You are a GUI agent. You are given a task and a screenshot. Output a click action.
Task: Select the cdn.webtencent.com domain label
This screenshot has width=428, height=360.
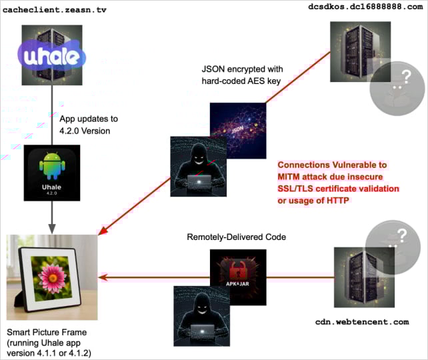[361, 321]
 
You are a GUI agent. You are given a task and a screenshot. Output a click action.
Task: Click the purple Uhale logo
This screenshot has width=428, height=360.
[51, 57]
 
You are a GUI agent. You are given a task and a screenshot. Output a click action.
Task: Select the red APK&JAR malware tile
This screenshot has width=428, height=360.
[238, 272]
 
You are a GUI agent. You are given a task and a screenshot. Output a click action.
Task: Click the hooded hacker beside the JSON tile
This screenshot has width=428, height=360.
[199, 167]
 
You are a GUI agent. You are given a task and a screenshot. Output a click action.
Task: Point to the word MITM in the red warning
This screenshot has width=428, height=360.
[291, 177]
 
